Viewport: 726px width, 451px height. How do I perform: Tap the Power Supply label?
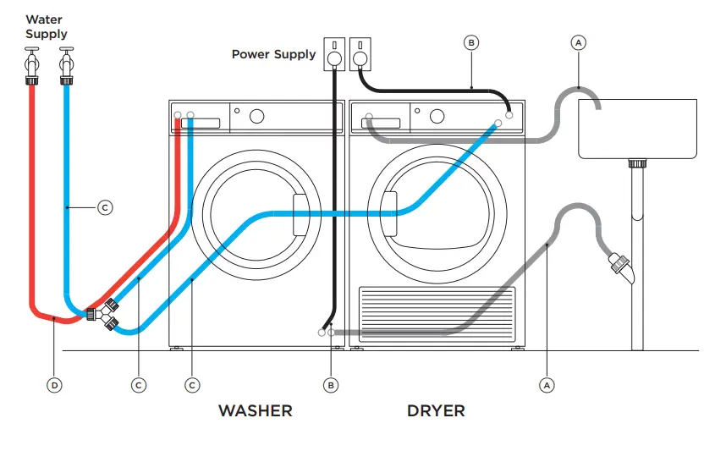click(x=273, y=54)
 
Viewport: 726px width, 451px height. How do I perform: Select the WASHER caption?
click(x=255, y=411)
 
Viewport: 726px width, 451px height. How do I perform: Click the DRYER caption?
click(x=436, y=411)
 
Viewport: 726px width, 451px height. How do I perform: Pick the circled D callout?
click(x=54, y=385)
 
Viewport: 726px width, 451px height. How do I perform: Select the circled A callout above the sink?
click(x=579, y=41)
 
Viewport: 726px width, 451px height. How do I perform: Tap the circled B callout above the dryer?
click(x=471, y=41)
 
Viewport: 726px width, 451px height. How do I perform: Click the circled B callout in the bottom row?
click(x=331, y=385)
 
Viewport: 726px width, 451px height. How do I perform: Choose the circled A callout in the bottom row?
click(x=547, y=385)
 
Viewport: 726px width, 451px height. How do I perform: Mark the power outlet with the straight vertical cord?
click(x=335, y=52)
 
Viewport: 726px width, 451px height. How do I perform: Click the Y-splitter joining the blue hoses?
click(x=105, y=314)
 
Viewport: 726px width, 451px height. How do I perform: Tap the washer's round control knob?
click(x=256, y=115)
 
